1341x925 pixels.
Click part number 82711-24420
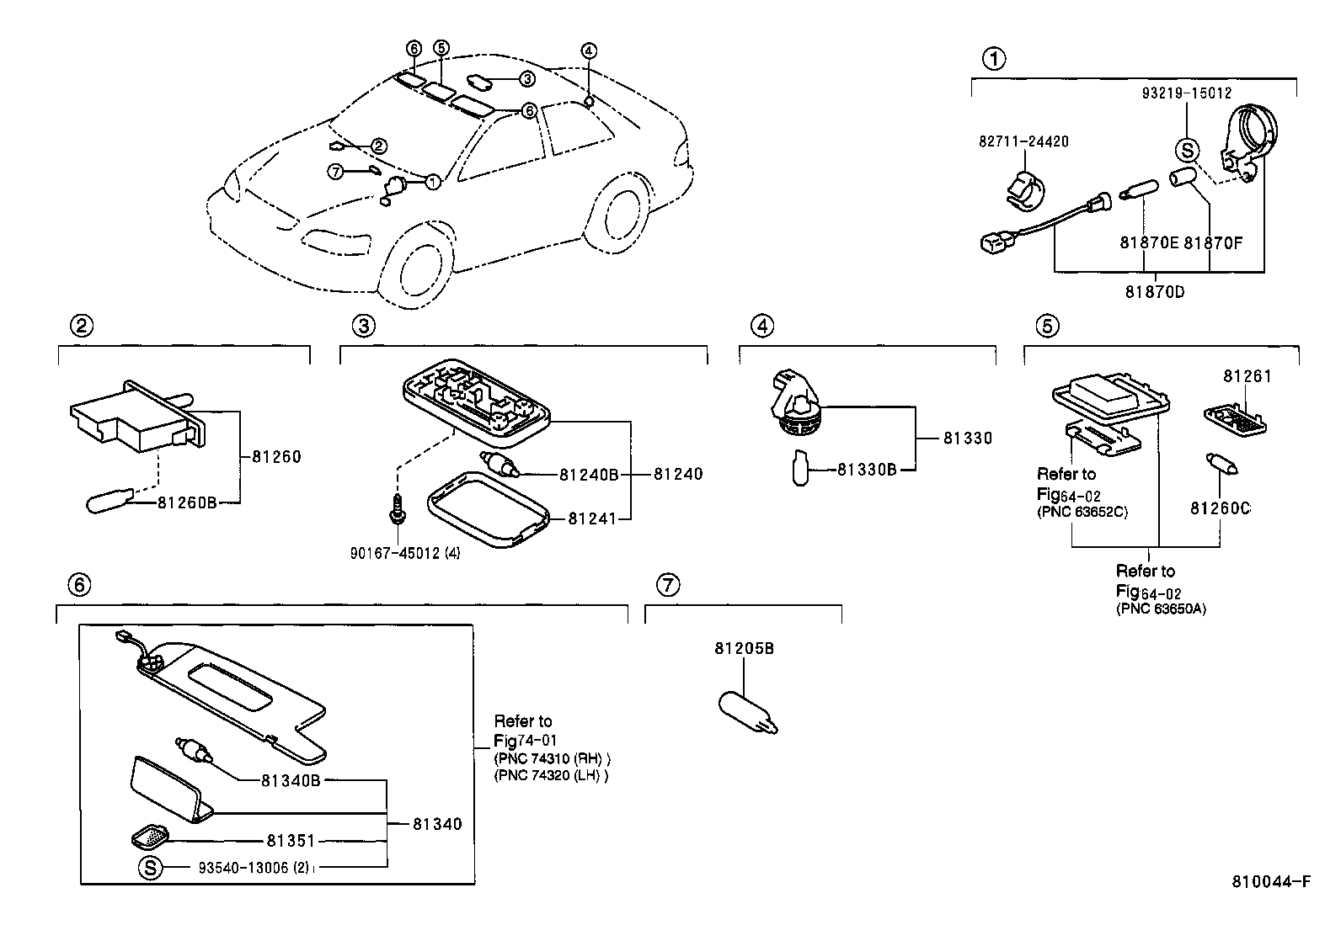click(x=1023, y=141)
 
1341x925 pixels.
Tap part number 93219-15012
click(x=1187, y=93)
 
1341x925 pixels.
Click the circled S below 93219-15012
click(x=1187, y=151)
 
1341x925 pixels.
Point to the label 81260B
click(x=187, y=502)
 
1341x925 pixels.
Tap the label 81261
click(x=1248, y=376)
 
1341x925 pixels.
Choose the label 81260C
click(x=1220, y=508)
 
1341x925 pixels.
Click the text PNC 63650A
click(x=1161, y=609)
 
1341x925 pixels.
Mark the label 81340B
click(x=291, y=780)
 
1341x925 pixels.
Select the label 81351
click(x=291, y=840)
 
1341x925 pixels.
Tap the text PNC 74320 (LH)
click(x=550, y=775)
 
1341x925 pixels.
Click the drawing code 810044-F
click(x=1271, y=882)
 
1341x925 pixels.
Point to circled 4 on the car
click(x=589, y=51)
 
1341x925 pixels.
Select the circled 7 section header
click(x=667, y=584)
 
